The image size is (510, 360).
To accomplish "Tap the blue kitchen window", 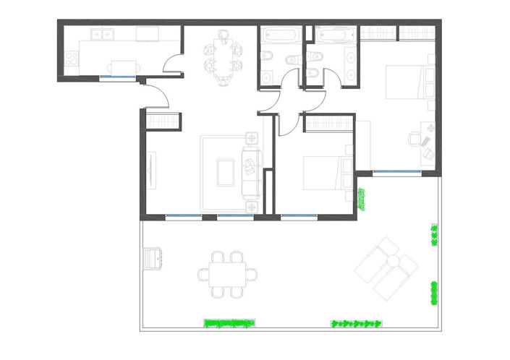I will tap(117, 77).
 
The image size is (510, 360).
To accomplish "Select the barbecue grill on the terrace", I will tap(153, 258).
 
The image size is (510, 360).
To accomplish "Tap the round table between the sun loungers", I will tap(391, 261).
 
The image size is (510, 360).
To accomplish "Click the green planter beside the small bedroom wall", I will tap(362, 198).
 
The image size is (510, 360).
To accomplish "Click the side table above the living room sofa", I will tap(252, 137).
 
